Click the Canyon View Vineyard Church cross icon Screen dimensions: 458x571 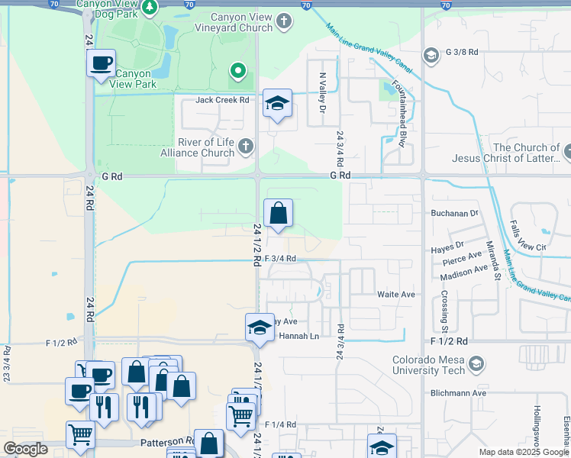[285, 21]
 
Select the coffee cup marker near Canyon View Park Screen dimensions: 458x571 [101, 64]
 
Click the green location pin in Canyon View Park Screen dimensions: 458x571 [238, 72]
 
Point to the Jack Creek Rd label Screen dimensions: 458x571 [222, 100]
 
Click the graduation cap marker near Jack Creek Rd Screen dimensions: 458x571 [277, 104]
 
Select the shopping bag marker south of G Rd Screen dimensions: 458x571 [279, 213]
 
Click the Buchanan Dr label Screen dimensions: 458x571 [453, 214]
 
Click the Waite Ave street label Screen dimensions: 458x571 [395, 294]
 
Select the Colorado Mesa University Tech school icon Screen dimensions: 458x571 [477, 361]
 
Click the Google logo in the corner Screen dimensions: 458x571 [25, 449]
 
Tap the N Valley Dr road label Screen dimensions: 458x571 [322, 89]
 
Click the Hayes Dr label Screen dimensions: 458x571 [449, 245]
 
